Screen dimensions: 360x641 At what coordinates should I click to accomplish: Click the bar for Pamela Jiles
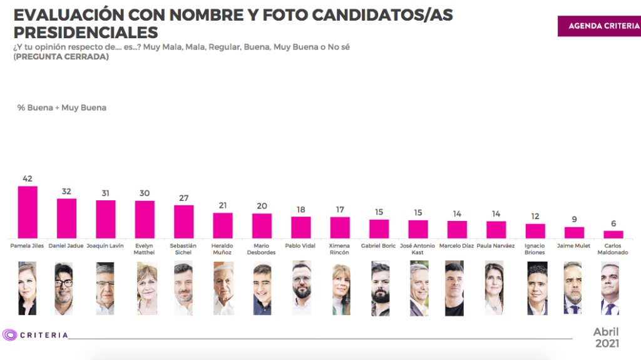28,212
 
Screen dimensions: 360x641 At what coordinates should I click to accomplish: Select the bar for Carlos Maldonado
613,234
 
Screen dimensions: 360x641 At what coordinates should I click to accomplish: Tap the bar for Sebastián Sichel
183,221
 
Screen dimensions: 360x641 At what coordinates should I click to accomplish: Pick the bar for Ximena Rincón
340,227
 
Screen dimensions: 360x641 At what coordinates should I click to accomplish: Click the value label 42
28,178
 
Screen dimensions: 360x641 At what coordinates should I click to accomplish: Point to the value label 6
613,224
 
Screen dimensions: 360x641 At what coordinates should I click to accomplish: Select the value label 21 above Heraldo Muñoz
223,205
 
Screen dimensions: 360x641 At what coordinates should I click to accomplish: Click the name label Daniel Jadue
66,246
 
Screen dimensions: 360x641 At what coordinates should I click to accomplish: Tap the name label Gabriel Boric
379,246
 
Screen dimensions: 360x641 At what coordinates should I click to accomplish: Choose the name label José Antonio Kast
418,249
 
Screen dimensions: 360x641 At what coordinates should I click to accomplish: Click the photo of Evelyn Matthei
146,288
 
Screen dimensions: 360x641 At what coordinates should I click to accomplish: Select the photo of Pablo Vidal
302,288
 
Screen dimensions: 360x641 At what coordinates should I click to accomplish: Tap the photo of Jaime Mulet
573,288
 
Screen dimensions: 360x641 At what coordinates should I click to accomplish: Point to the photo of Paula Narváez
494,288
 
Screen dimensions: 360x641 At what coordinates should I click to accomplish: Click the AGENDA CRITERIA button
599,26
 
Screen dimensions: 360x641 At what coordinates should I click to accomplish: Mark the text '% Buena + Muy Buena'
61,108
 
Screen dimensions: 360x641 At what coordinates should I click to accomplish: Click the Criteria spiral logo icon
9,335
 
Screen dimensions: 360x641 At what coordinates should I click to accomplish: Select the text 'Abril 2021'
606,337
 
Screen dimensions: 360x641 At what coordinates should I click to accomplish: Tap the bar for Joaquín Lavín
105,219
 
